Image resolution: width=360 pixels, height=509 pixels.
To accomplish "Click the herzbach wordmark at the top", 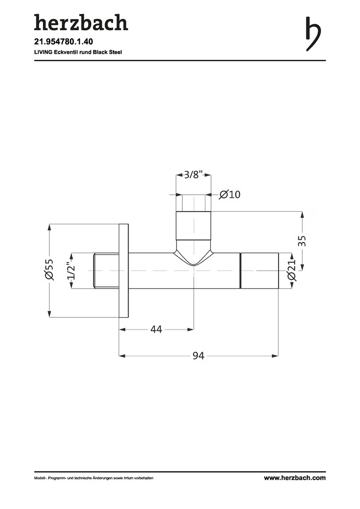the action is pos(81,23).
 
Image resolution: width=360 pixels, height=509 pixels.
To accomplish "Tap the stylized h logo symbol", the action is pos(313,34).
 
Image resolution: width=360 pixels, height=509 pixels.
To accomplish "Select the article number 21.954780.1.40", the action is pos(64,42).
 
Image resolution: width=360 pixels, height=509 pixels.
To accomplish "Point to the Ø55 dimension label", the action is pos(49,270).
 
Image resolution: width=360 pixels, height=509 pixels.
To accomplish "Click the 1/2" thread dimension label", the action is pos(71,271).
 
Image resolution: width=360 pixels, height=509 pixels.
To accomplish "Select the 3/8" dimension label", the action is pos(194,175).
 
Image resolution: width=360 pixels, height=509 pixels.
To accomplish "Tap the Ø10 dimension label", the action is pos(230,195).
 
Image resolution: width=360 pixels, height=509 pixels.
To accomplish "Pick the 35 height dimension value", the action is pos(302,241).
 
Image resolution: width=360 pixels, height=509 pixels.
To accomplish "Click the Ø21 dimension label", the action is pos(292,270).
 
